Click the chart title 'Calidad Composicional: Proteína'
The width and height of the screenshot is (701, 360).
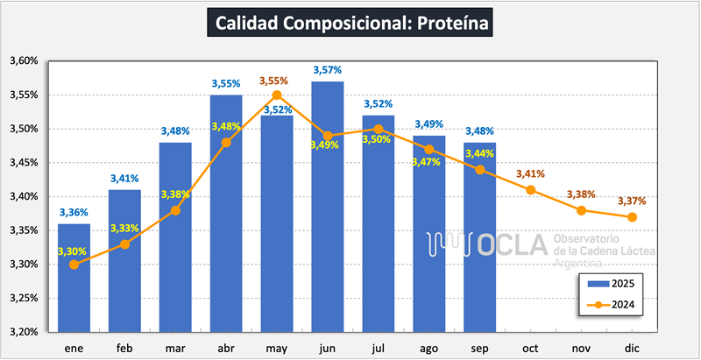point(350,23)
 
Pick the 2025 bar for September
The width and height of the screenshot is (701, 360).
point(480,236)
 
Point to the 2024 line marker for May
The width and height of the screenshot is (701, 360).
point(277,95)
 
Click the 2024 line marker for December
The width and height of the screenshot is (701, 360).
point(633,217)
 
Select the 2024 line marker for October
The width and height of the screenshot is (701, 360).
point(531,190)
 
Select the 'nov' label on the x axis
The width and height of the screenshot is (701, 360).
point(582,348)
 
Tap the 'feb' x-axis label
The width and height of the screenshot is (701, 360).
point(124,348)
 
